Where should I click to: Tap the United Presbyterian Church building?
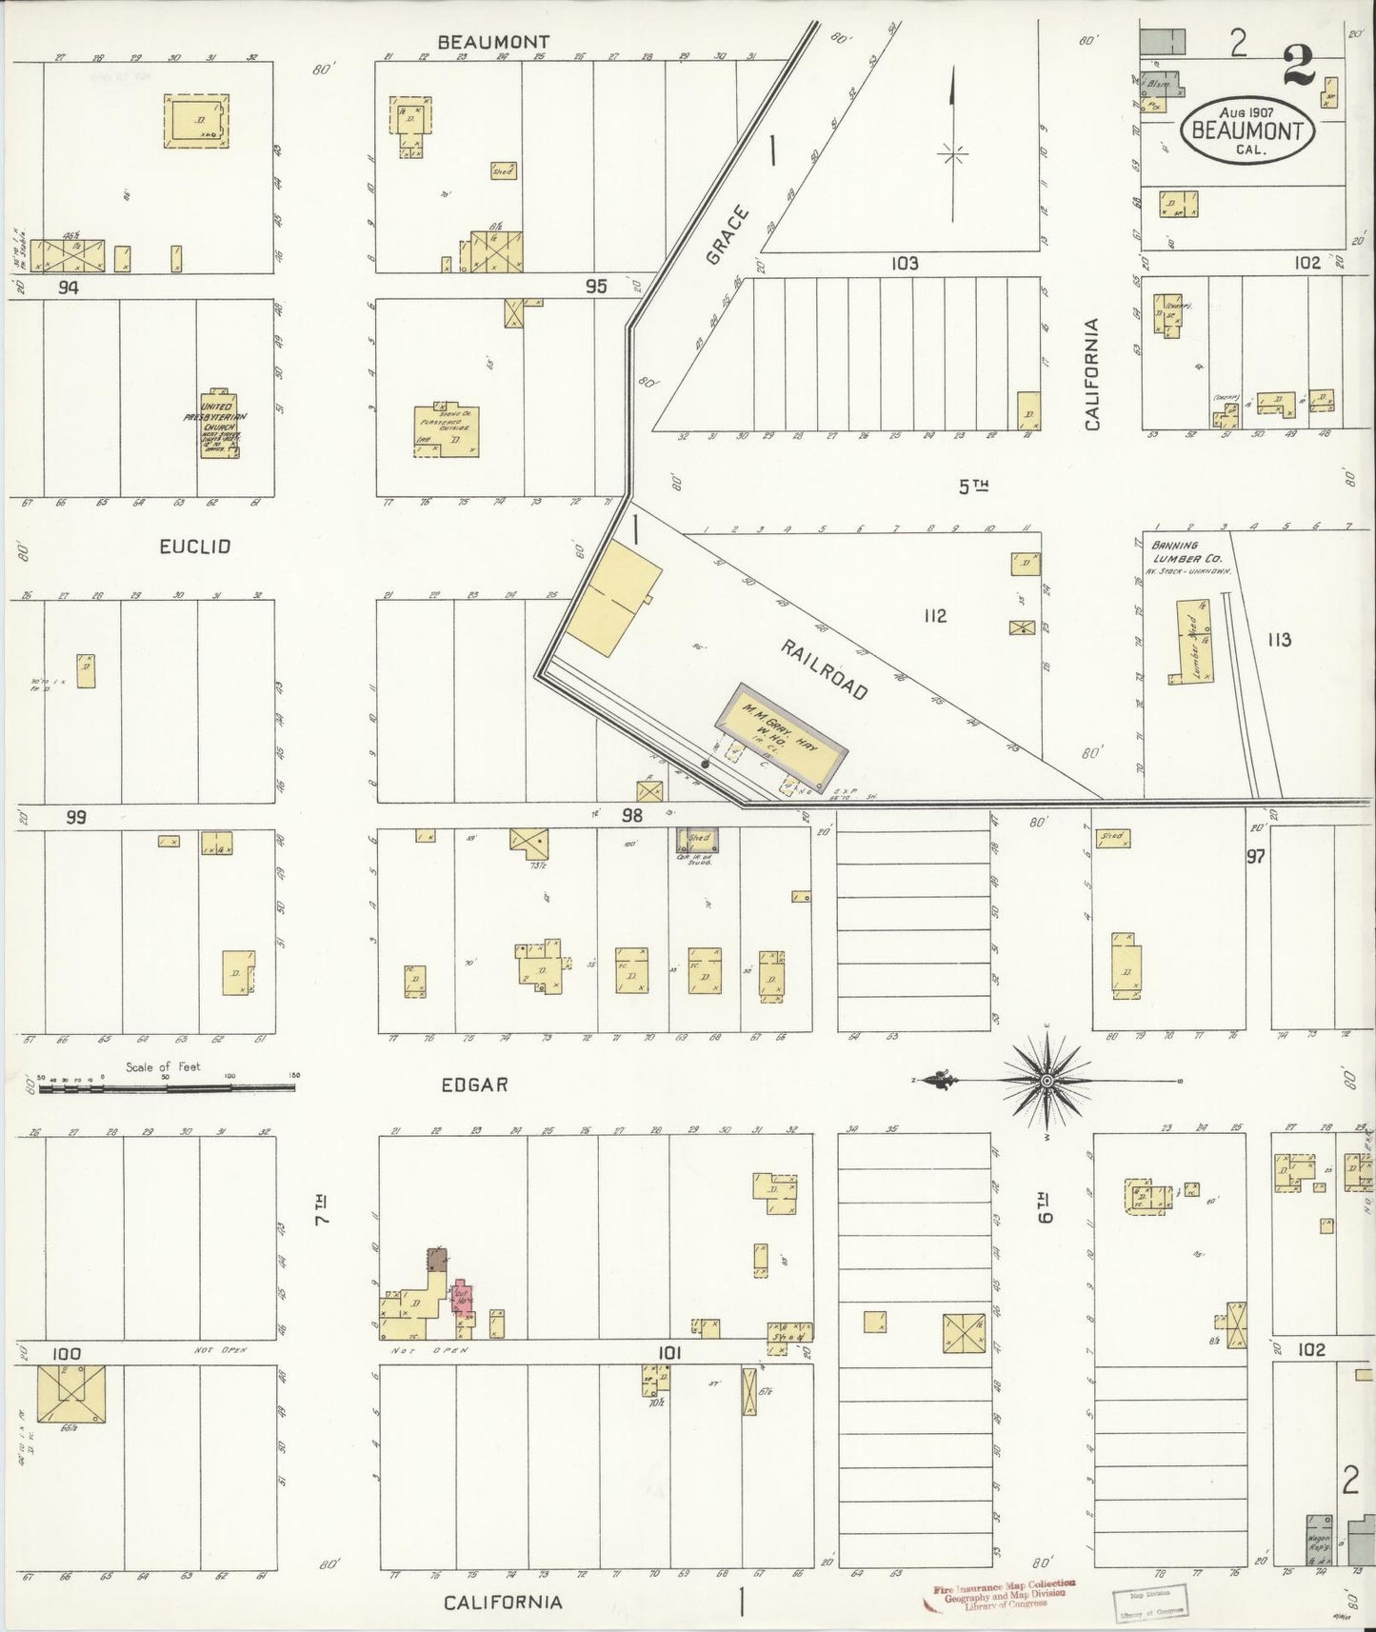click(222, 425)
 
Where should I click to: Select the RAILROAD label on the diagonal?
click(825, 670)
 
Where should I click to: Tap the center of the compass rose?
click(1047, 1081)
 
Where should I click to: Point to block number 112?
click(934, 616)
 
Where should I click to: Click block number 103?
click(904, 263)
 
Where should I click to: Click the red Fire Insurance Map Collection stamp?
click(998, 1590)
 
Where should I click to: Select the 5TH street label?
click(973, 487)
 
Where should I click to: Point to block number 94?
click(68, 287)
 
